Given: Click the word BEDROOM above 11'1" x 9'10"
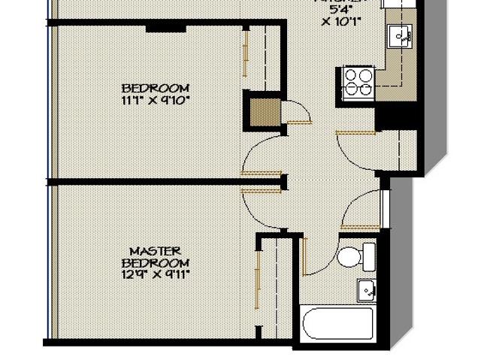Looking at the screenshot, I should [155, 88].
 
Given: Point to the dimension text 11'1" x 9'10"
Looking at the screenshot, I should [155, 99].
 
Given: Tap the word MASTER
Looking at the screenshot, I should [155, 251].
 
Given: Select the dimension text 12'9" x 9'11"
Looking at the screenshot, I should [155, 274].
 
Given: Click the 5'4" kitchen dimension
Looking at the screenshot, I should [337, 9].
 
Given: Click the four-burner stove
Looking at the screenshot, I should [358, 82].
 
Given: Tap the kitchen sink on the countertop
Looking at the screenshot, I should [399, 33].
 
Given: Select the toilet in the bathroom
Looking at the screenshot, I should [355, 256].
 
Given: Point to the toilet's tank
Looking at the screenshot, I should [369, 255].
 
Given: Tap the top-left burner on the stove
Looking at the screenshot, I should [351, 74].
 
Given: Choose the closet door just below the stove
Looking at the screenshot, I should [355, 132].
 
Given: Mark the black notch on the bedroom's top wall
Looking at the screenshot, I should [166, 28].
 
